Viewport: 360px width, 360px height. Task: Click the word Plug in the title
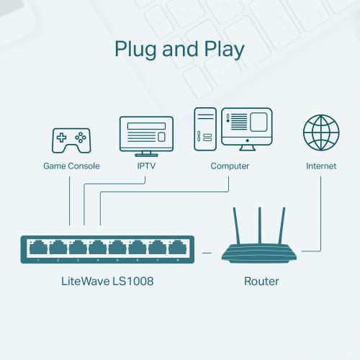click(x=138, y=50)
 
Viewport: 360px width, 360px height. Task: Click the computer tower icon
click(x=204, y=130)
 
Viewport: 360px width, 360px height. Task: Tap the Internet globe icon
click(x=320, y=133)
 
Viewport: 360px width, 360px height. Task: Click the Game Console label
click(x=70, y=166)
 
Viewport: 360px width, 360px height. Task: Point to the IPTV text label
click(x=147, y=166)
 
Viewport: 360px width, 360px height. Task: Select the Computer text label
click(x=230, y=166)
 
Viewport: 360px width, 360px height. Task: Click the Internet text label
click(x=320, y=166)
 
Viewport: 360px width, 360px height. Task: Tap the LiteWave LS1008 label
click(x=107, y=281)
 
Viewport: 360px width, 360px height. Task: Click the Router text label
click(x=261, y=281)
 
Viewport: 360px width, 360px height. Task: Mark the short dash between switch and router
click(x=207, y=253)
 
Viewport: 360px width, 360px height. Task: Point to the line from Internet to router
click(x=320, y=216)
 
